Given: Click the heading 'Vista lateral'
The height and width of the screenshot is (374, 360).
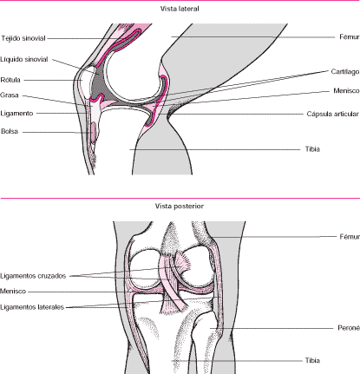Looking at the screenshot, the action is pyautogui.click(x=180, y=9).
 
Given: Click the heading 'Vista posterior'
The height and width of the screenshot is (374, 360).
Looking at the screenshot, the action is pyautogui.click(x=180, y=207).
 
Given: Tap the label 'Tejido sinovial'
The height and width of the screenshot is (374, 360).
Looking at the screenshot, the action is pyautogui.click(x=23, y=38).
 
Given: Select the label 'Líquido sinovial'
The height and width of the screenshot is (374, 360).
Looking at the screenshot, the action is pyautogui.click(x=24, y=59).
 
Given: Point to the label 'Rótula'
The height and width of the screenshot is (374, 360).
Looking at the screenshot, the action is pyautogui.click(x=10, y=80).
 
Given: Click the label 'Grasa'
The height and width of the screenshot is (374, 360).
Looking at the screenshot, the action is pyautogui.click(x=10, y=95).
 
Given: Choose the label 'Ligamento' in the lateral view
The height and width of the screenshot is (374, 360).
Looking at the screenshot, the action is pyautogui.click(x=16, y=113).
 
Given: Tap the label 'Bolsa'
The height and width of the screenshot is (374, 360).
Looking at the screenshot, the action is pyautogui.click(x=10, y=131).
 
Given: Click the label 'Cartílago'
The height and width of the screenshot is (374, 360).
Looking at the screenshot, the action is pyautogui.click(x=345, y=72).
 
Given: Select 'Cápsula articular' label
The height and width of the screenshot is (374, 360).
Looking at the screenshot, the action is pyautogui.click(x=332, y=114).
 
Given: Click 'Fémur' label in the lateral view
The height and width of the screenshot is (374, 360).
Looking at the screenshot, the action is pyautogui.click(x=350, y=37).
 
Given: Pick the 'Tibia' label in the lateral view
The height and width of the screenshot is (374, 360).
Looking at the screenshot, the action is pyautogui.click(x=312, y=149).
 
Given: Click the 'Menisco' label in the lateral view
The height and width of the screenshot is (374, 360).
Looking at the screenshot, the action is pyautogui.click(x=346, y=91).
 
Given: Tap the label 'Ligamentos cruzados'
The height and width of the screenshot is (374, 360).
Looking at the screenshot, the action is pyautogui.click(x=33, y=276).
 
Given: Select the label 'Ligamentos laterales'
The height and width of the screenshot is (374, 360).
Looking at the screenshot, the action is pyautogui.click(x=32, y=307).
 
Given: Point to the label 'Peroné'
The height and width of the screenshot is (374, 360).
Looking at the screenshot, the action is pyautogui.click(x=349, y=328).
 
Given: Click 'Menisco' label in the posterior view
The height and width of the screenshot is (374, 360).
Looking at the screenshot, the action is pyautogui.click(x=13, y=292).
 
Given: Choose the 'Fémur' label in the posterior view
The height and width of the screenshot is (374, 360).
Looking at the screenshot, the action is pyautogui.click(x=350, y=237).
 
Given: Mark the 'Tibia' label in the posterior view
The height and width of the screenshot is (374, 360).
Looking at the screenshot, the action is pyautogui.click(x=312, y=361).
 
